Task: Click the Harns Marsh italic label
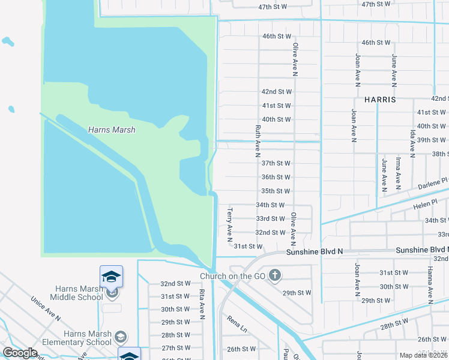click(111, 130)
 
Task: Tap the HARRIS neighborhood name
click(379, 100)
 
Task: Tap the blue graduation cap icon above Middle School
click(112, 276)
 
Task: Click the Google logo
click(20, 353)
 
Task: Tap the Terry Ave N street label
click(229, 225)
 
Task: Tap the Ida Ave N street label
click(413, 142)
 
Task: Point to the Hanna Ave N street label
click(430, 285)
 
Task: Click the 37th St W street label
click(276, 163)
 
